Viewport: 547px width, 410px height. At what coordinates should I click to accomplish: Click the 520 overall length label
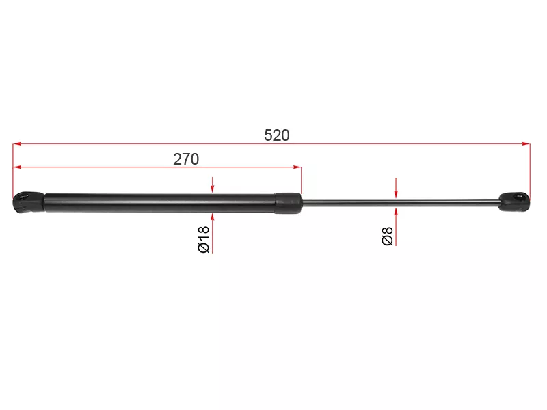(x=277, y=135)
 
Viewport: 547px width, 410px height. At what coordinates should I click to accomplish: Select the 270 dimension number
(x=186, y=159)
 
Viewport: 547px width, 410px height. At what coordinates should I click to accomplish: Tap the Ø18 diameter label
(x=203, y=239)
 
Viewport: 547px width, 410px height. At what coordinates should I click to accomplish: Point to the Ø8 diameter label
(x=387, y=236)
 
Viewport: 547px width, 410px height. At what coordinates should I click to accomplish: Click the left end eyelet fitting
(x=29, y=202)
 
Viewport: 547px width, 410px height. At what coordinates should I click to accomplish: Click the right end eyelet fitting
(x=514, y=202)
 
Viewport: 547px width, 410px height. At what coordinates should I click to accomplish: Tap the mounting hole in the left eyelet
(x=25, y=197)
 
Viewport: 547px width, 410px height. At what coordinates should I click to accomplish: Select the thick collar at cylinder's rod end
(x=288, y=203)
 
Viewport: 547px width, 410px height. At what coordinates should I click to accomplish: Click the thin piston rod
(x=401, y=202)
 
